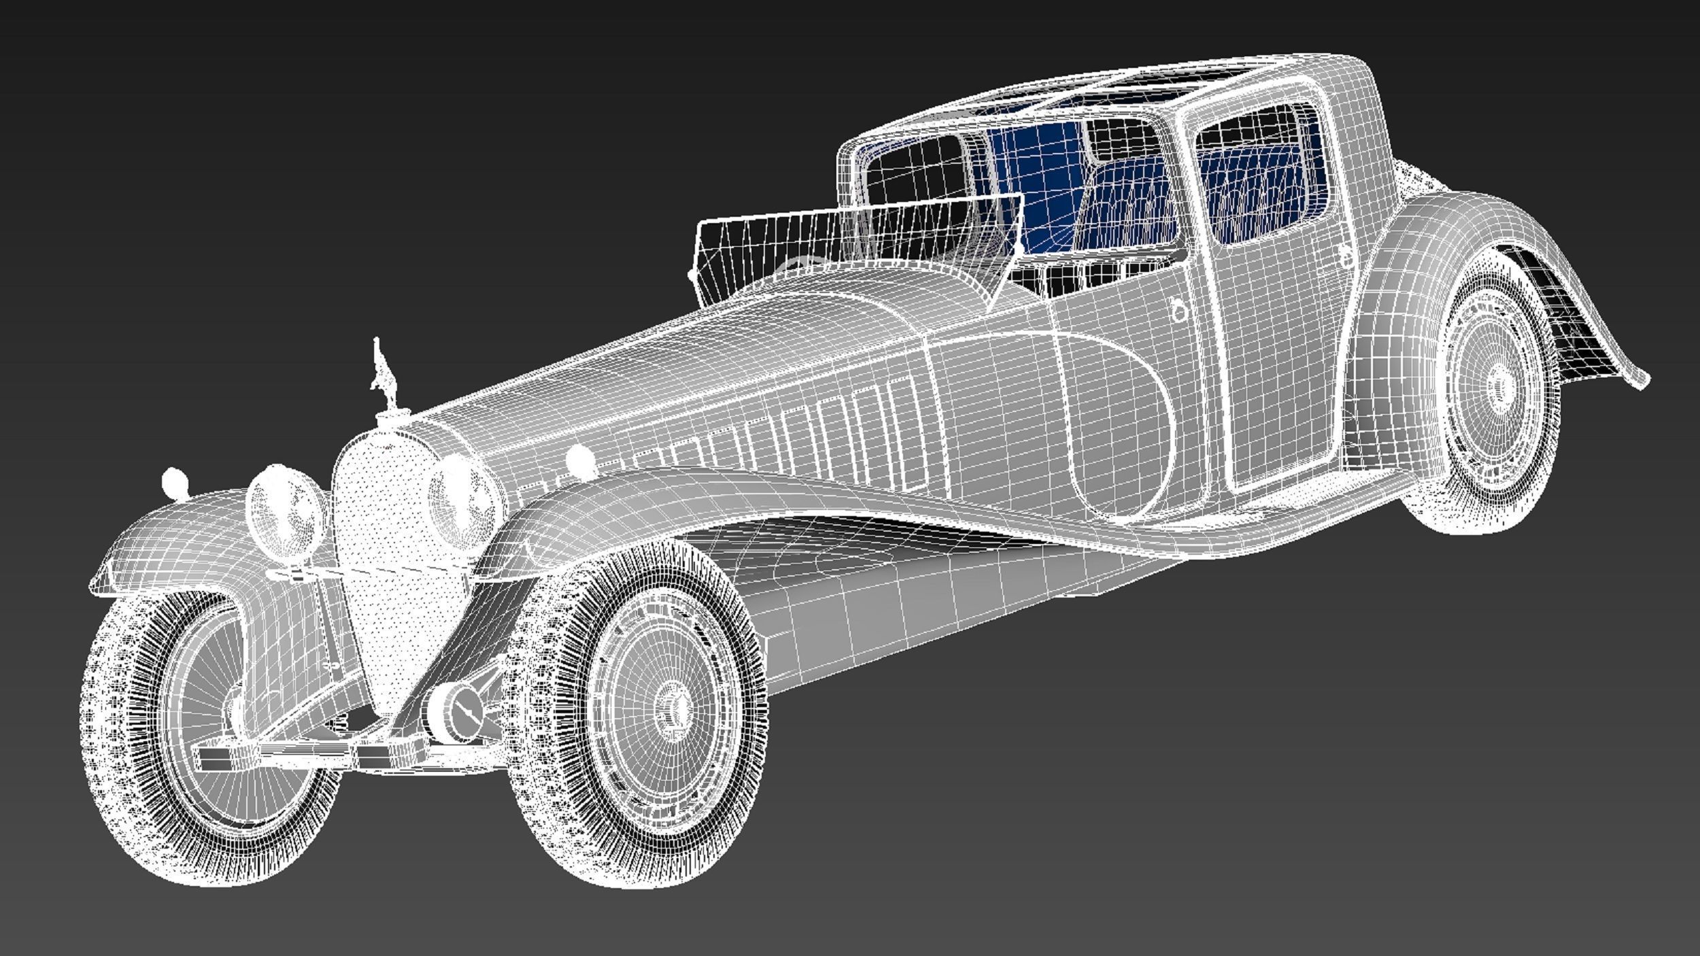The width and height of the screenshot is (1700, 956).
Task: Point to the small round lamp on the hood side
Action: [580, 460]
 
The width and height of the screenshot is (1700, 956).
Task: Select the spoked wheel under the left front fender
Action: [204, 721]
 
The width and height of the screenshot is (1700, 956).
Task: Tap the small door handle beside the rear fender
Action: [1346, 255]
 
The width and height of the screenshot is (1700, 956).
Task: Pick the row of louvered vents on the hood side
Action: [782, 435]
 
